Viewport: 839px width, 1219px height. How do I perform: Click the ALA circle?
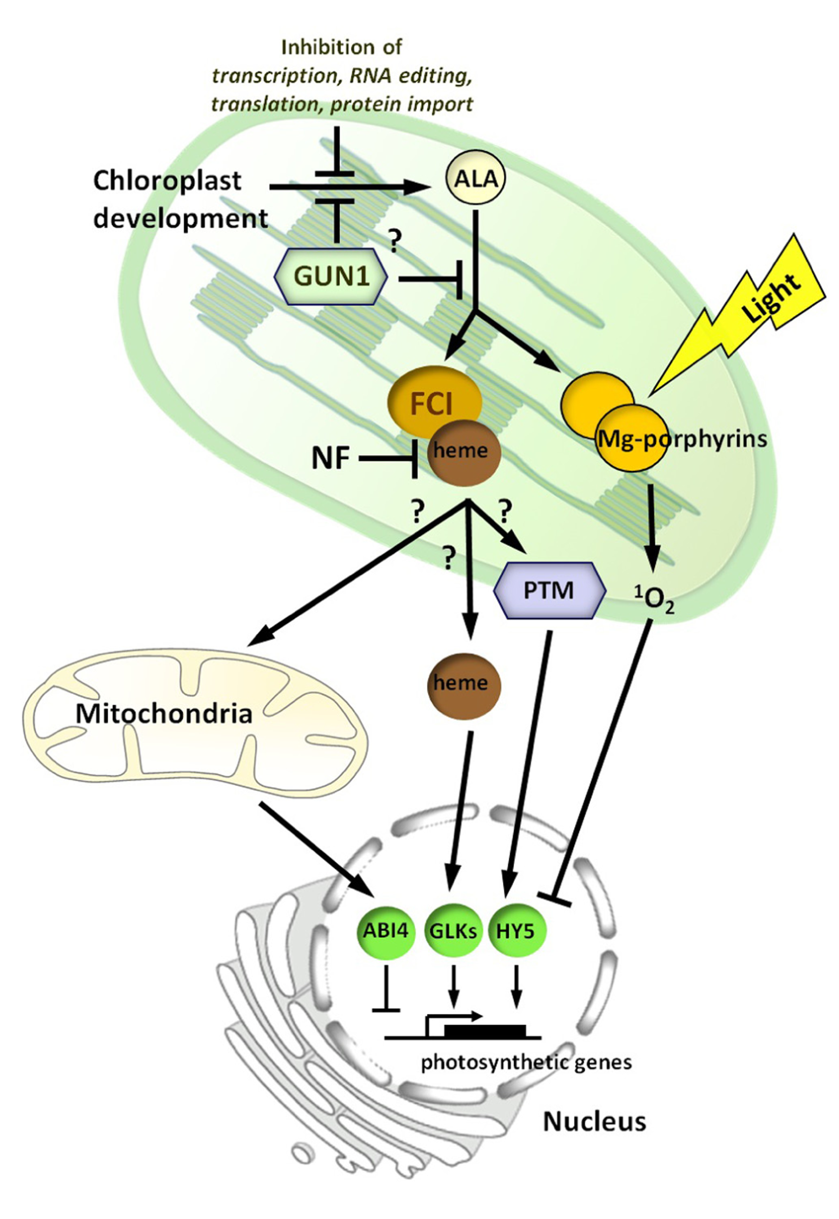(x=475, y=179)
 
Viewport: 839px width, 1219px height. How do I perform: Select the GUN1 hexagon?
(x=332, y=276)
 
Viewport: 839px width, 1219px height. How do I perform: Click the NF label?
(x=331, y=458)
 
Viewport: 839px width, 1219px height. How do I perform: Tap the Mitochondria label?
(x=164, y=714)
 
